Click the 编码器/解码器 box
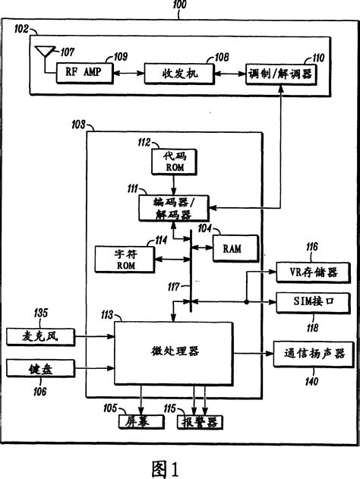[x=175, y=207]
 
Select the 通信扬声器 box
[x=314, y=353]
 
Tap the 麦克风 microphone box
[x=36, y=336]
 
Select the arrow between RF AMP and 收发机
[x=125, y=74]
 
